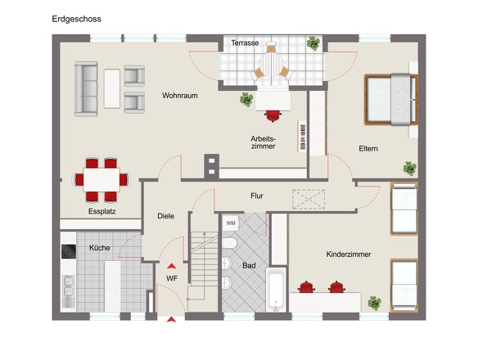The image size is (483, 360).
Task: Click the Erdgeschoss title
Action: (x=76, y=19)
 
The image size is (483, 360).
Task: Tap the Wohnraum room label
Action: (x=180, y=96)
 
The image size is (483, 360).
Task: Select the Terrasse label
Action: (x=245, y=43)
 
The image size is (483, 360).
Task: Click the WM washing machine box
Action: (x=231, y=223)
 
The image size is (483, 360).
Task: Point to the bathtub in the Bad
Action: (x=276, y=289)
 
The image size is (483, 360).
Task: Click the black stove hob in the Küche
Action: (x=69, y=251)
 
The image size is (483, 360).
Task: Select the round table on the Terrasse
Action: (x=271, y=65)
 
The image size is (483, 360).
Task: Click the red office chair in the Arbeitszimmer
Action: (x=273, y=116)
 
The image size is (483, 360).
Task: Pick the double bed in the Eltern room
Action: (x=390, y=100)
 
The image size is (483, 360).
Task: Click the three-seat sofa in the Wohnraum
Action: (x=86, y=89)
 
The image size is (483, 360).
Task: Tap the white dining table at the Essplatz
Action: (x=102, y=180)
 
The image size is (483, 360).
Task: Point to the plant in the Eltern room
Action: (x=409, y=169)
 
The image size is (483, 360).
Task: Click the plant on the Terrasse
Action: (x=314, y=43)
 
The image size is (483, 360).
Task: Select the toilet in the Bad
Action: (x=229, y=243)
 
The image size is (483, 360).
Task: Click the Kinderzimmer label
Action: (x=349, y=254)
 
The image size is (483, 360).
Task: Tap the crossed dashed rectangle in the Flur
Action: (x=309, y=200)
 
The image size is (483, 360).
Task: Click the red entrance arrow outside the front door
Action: (x=171, y=319)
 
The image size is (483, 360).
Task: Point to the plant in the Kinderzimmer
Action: (x=374, y=304)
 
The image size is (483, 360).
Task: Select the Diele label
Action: (x=165, y=216)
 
